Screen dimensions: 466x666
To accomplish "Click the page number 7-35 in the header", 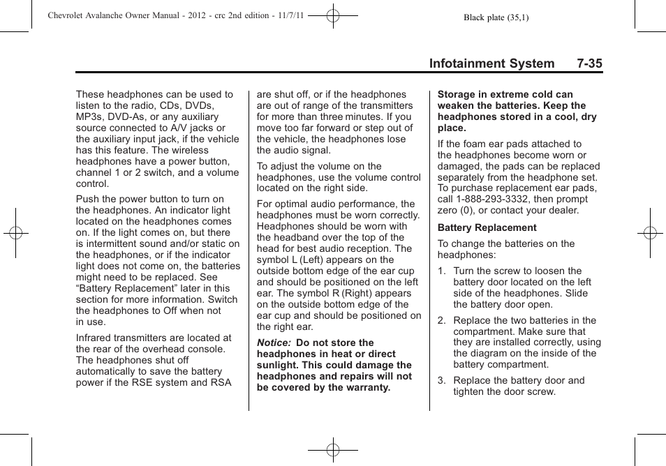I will pyautogui.click(x=589, y=63).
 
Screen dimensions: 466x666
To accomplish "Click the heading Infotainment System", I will pyautogui.click(x=491, y=63).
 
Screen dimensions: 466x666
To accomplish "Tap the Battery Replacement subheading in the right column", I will pyautogui.click(x=487, y=227).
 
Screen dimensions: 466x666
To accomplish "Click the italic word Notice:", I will pyautogui.click(x=273, y=343).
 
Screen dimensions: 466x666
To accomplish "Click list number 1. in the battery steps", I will pyautogui.click(x=442, y=271).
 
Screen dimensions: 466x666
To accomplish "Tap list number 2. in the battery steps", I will pyautogui.click(x=442, y=320).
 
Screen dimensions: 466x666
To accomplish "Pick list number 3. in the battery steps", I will pyautogui.click(x=442, y=380).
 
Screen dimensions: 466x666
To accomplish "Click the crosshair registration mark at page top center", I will pyautogui.click(x=333, y=14).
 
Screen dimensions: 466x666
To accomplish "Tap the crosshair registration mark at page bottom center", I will pyautogui.click(x=333, y=450).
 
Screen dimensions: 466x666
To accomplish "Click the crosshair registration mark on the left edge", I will pyautogui.click(x=16, y=232).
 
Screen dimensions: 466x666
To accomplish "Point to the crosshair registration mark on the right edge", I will pyautogui.click(x=649, y=232).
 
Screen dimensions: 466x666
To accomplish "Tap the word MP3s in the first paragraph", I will pyautogui.click(x=91, y=116).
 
